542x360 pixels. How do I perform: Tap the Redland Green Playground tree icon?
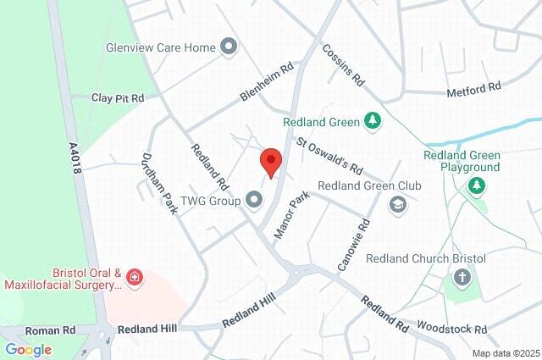coord(478,184)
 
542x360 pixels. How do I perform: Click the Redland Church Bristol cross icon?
coord(462,276)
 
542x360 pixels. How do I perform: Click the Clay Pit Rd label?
coord(118,98)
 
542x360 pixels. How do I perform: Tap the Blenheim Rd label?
coord(266,80)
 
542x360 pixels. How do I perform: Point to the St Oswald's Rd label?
coord(329,152)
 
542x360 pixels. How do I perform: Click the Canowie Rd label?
coord(354,246)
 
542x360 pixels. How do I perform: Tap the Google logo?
coord(28,349)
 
